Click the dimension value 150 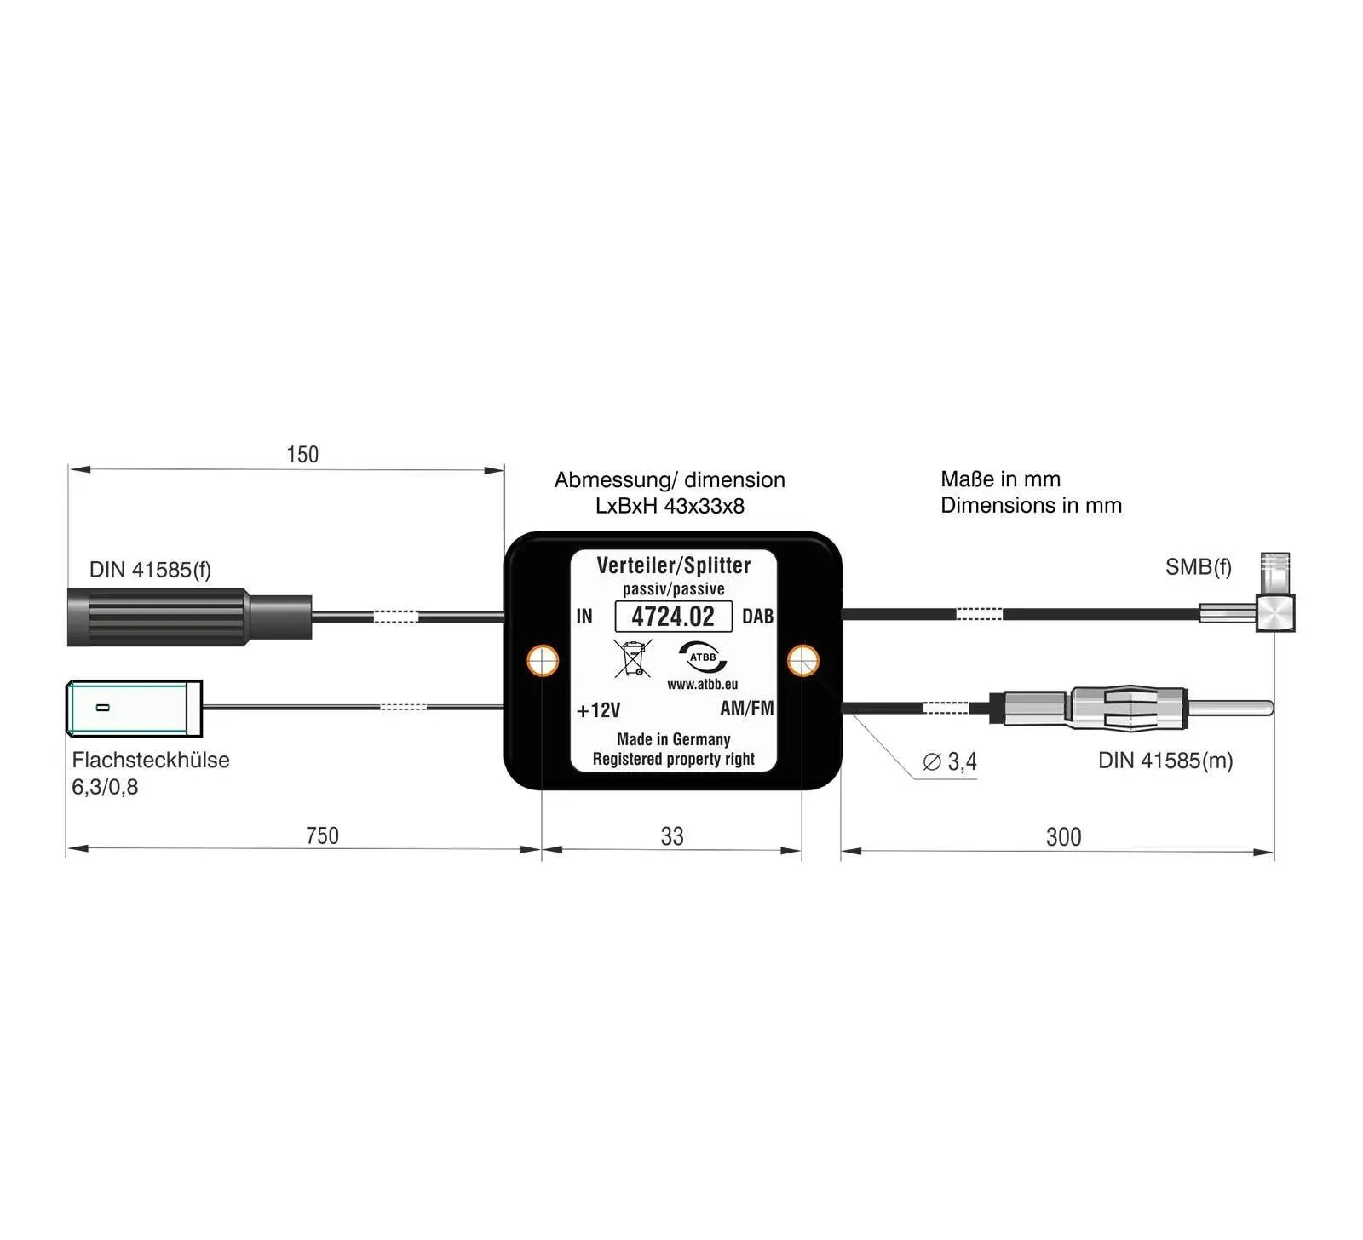point(302,455)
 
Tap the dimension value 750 point(322,836)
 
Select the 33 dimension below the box point(672,837)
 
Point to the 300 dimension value point(1063,837)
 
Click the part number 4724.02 point(673,617)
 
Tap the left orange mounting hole point(543,660)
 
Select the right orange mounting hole point(802,660)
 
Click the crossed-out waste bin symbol point(632,658)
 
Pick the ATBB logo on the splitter point(703,657)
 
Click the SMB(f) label point(1198,567)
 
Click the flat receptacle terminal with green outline point(134,708)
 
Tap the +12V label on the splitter point(598,710)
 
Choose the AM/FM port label point(746,709)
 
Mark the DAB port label point(757,617)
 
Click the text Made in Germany point(673,739)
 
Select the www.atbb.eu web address point(702,685)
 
